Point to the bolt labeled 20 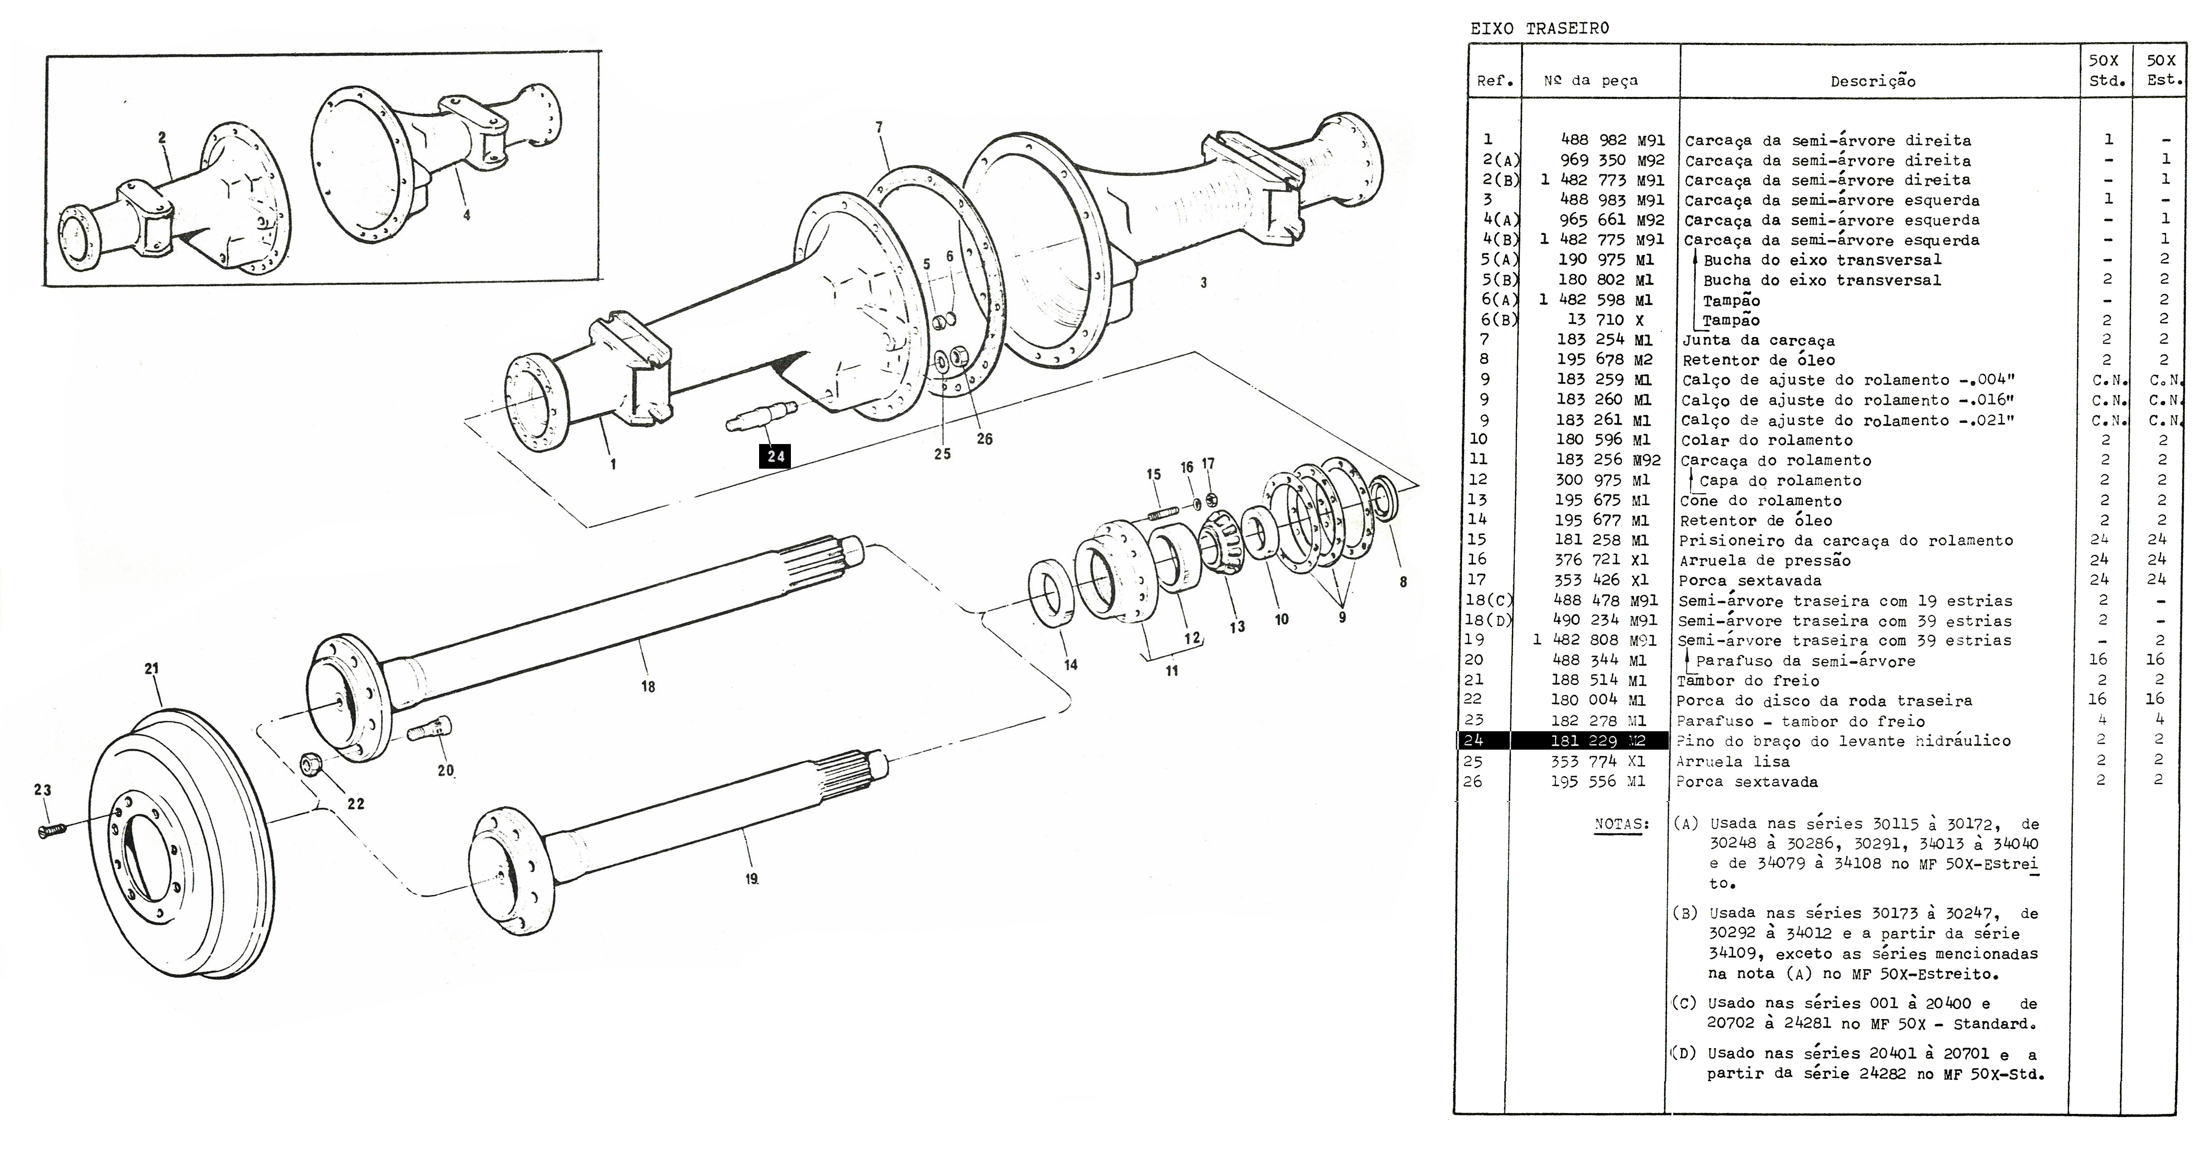(429, 729)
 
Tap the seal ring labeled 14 (1054, 593)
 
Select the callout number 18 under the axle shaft (648, 686)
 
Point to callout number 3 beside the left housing (1203, 283)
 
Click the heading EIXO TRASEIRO (1539, 28)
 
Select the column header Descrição (1873, 82)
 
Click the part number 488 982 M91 (1612, 140)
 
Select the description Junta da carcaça (1758, 341)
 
